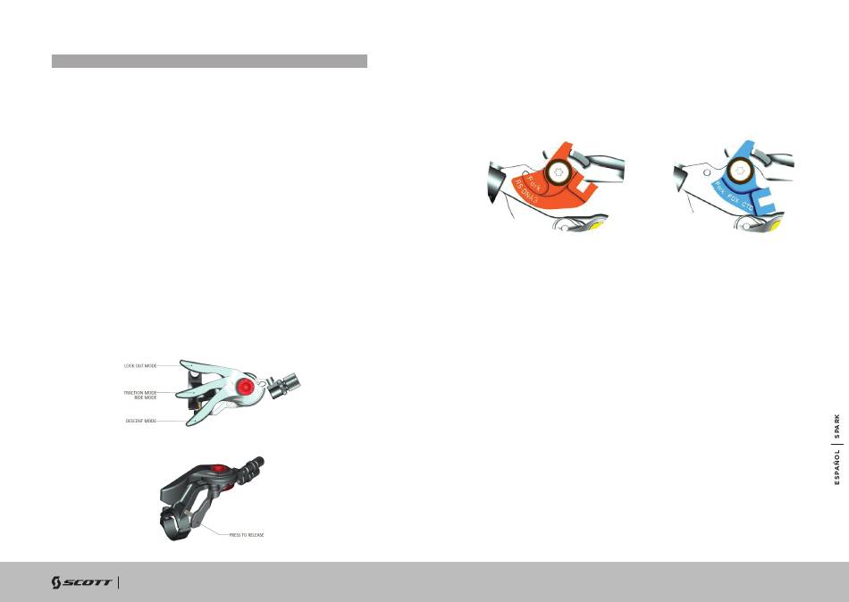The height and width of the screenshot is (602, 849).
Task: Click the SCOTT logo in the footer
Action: [x=81, y=582]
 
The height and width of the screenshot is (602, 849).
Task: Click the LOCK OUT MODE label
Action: [x=140, y=365]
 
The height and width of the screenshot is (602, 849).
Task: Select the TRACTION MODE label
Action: [x=139, y=392]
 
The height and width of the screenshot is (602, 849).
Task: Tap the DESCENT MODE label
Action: [x=140, y=421]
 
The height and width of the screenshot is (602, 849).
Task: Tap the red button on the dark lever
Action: [x=218, y=467]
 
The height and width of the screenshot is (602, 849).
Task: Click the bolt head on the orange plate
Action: [x=560, y=172]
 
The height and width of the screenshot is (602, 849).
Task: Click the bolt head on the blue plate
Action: [x=741, y=171]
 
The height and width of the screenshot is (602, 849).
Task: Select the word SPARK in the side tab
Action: [x=837, y=427]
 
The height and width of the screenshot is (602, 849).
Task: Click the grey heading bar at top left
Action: [x=209, y=61]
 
